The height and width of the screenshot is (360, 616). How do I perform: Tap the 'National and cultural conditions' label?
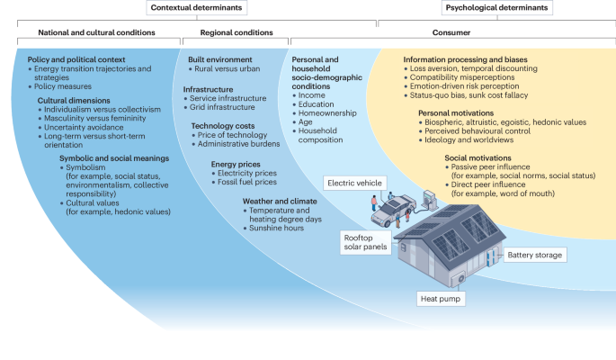click(96, 32)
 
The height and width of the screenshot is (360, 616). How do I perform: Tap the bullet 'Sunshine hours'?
click(276, 228)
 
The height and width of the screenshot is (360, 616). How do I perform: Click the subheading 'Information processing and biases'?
click(451, 59)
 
